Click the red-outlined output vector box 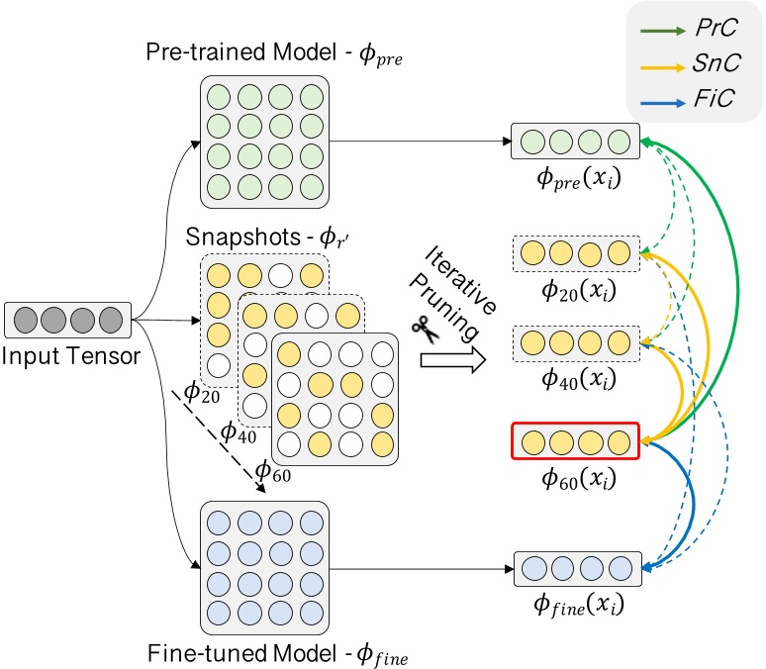pos(575,440)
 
